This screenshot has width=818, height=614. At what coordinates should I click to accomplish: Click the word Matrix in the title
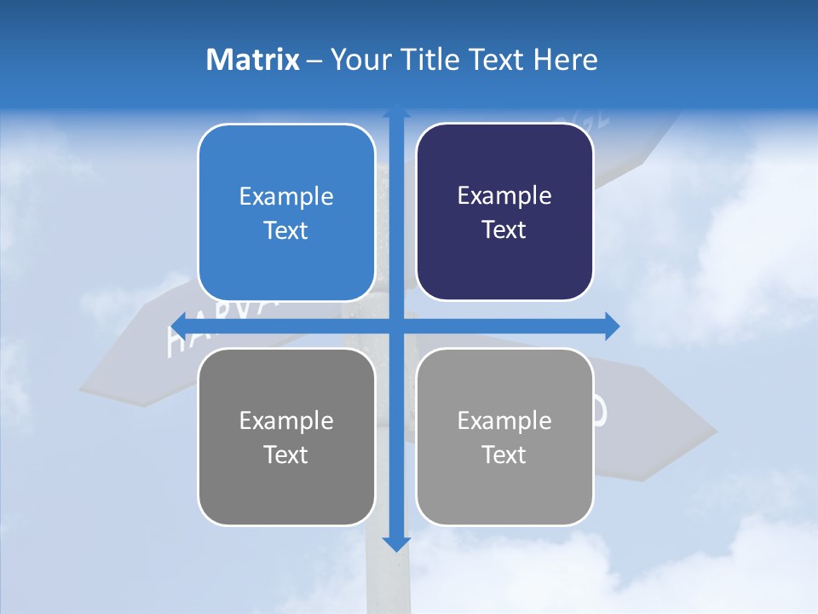tap(252, 60)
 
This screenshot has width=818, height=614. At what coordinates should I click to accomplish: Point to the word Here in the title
tap(566, 60)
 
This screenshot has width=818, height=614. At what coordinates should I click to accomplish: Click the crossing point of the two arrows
tap(395, 325)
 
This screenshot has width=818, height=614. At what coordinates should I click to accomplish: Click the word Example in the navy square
tap(504, 196)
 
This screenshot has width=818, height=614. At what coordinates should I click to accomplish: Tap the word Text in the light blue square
tap(286, 231)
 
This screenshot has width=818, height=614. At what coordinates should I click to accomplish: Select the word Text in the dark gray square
tap(286, 455)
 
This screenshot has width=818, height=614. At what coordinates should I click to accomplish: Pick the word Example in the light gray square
tap(504, 420)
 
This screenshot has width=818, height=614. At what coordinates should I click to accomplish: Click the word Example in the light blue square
tap(286, 197)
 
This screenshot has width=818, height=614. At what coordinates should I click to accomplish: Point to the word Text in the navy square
tap(504, 230)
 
